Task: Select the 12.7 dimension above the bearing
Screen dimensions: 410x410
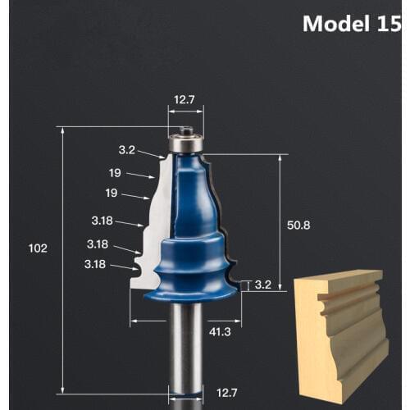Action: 184,101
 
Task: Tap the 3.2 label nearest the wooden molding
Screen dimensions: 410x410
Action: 262,285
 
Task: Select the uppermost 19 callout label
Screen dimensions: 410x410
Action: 115,172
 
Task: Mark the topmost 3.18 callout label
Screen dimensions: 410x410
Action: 102,221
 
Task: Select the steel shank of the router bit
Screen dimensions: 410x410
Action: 185,353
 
